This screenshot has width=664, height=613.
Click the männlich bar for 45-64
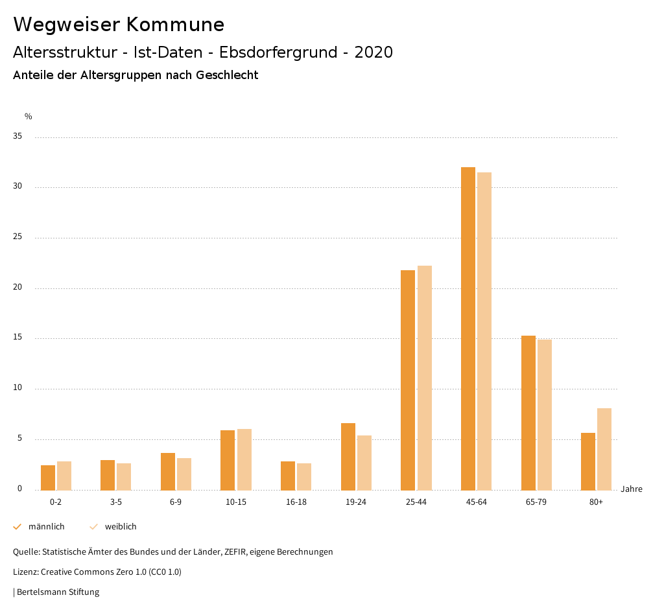tap(468, 329)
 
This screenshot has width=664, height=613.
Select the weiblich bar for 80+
tap(604, 449)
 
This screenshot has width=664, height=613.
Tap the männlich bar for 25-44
tap(408, 380)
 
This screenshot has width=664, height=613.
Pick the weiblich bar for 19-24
tap(364, 463)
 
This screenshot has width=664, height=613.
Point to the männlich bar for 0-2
tap(48, 478)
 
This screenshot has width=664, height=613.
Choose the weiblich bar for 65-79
tap(545, 415)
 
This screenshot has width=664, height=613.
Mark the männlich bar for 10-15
tap(228, 460)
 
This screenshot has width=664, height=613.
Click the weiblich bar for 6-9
tap(184, 474)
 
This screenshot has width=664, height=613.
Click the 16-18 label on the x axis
tap(296, 502)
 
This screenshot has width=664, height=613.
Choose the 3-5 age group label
tap(116, 502)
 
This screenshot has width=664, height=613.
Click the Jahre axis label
tap(631, 489)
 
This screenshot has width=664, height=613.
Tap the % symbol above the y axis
tap(29, 117)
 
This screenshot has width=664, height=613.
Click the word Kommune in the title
tap(176, 25)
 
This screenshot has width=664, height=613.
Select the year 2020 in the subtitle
tap(373, 52)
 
